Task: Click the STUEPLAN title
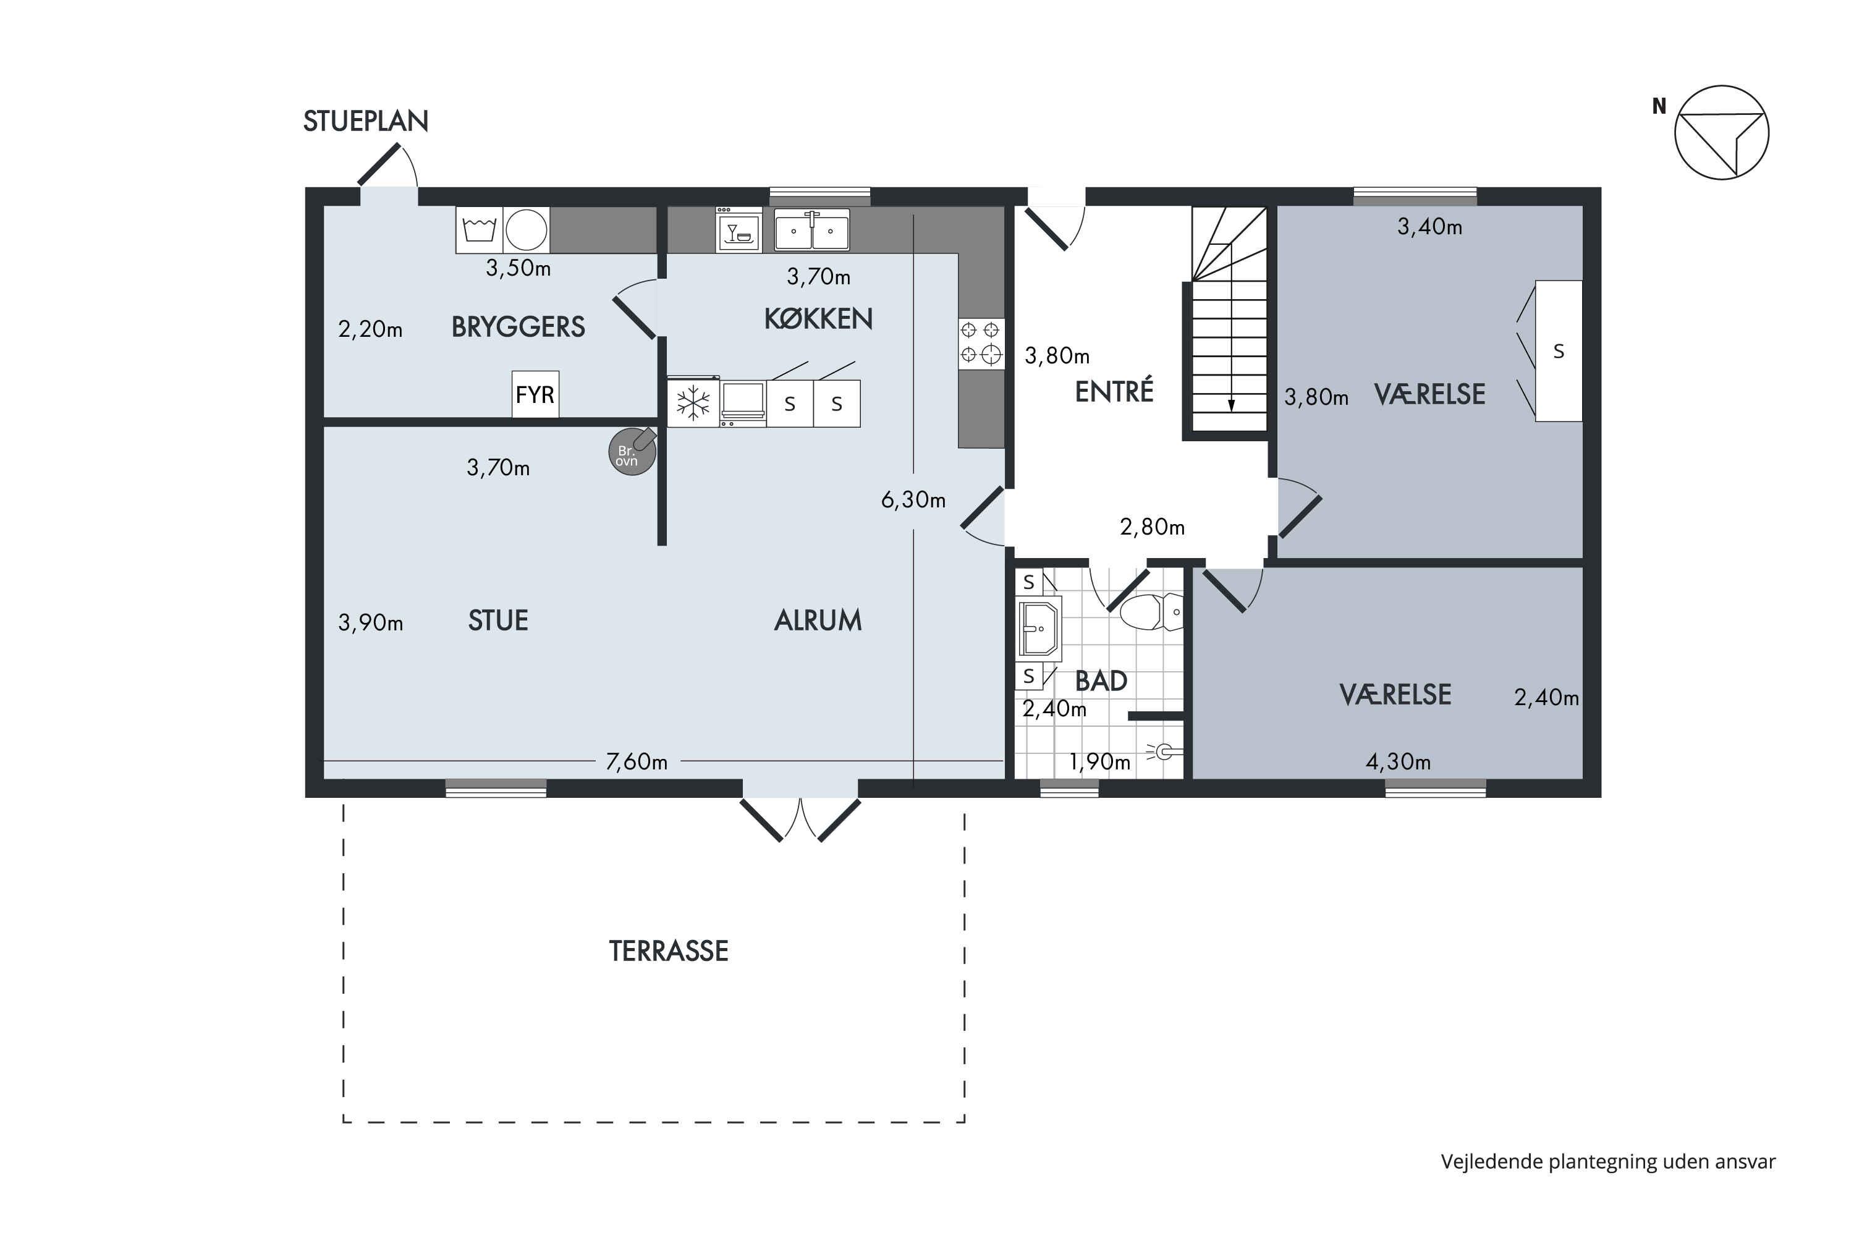click(366, 121)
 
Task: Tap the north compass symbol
click(1722, 132)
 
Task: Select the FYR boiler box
click(535, 394)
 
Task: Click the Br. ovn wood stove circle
click(632, 452)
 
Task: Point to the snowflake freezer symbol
click(693, 404)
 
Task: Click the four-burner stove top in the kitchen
click(981, 343)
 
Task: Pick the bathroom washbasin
click(1039, 629)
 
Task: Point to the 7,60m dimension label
click(637, 761)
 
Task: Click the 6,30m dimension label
click(913, 500)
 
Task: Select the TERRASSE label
click(669, 952)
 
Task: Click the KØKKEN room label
click(818, 318)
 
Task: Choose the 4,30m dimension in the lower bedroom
click(1399, 761)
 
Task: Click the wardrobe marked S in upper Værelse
click(1559, 351)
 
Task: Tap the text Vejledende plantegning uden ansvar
click(1608, 1162)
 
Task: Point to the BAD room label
click(1101, 680)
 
